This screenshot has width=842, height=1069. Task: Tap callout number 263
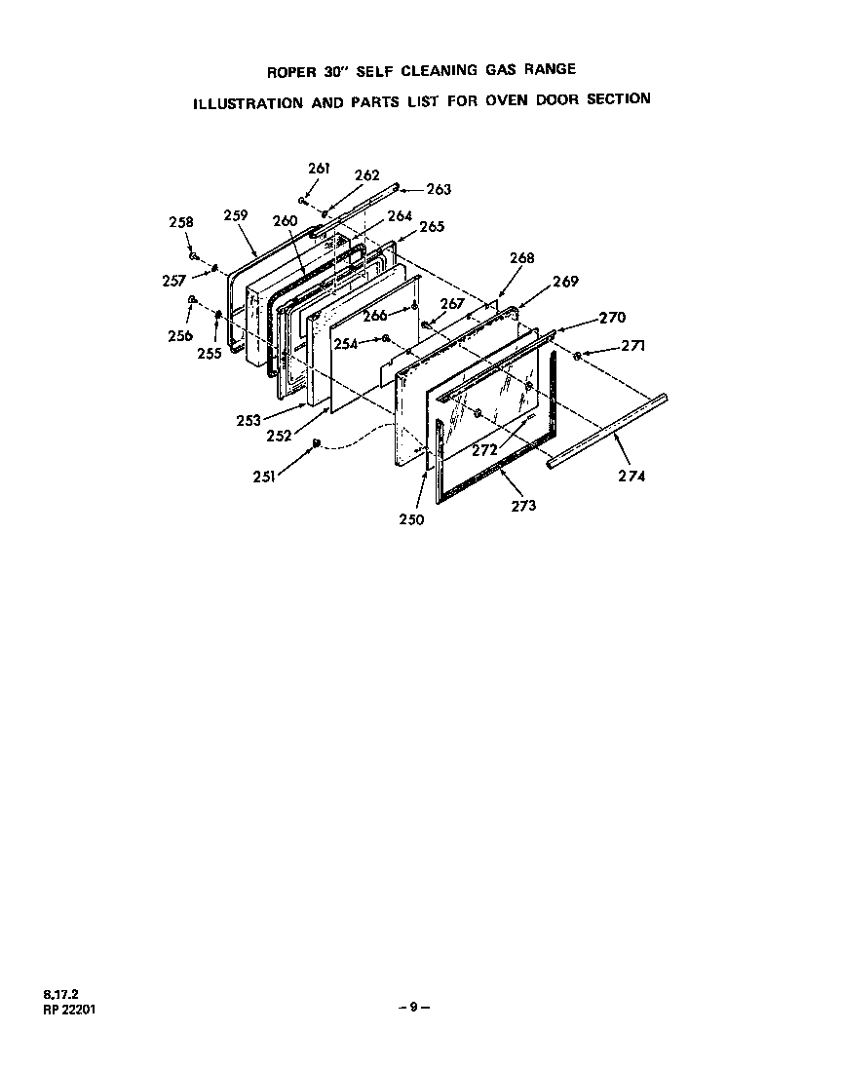click(439, 189)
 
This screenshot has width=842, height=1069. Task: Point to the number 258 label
click(180, 222)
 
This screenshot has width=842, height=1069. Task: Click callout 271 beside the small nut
click(632, 345)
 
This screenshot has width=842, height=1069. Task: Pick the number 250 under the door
click(411, 519)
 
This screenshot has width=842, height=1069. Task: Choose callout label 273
click(523, 506)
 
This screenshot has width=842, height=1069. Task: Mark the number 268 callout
click(522, 258)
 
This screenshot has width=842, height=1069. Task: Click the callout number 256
click(179, 336)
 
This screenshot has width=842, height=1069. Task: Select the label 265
click(431, 227)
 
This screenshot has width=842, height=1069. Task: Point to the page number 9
click(413, 1008)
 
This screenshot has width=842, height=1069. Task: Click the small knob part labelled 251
click(316, 444)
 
